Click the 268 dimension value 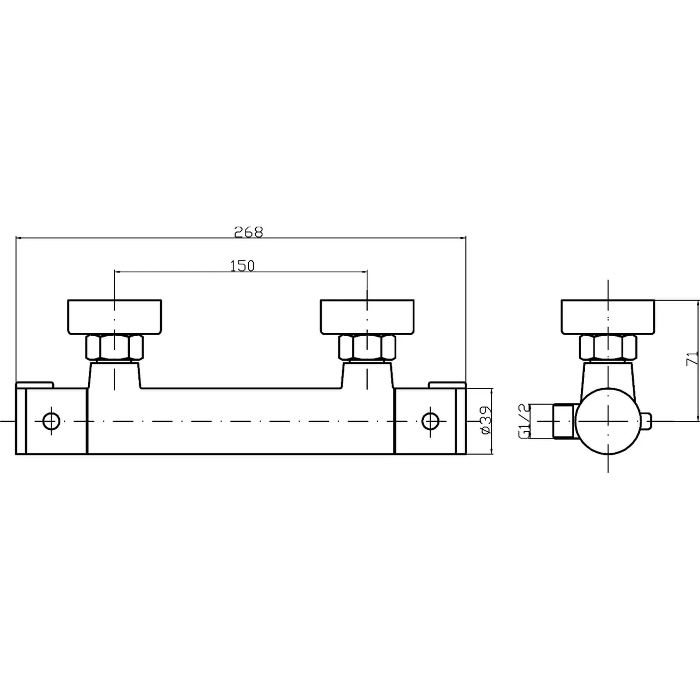tap(249, 232)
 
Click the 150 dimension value tap(242, 266)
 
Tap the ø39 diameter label tap(485, 420)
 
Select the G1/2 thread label tap(525, 421)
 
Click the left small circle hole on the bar tap(51, 421)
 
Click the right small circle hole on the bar tap(430, 421)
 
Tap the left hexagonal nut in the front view tap(114, 348)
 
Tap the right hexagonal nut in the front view tap(367, 348)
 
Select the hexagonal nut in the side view tap(608, 348)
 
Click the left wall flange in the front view tap(114, 317)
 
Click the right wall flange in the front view tap(367, 317)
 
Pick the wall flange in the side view tap(608, 317)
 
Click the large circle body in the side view tap(608, 421)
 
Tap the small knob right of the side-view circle tap(646, 421)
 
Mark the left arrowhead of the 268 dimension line tap(19, 238)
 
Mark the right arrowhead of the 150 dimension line tap(364, 272)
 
